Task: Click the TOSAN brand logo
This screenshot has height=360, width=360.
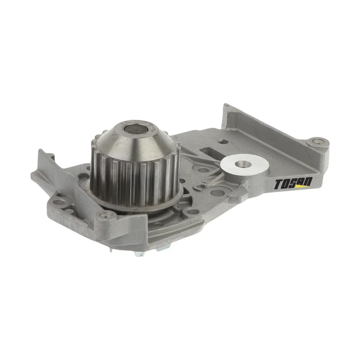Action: pos(293,184)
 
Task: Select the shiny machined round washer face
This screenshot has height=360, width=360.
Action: pos(244,164)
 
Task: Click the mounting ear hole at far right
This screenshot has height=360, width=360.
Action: pos(318,142)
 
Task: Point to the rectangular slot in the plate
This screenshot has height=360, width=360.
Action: pos(211,152)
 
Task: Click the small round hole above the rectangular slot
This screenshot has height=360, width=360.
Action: pos(223,142)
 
